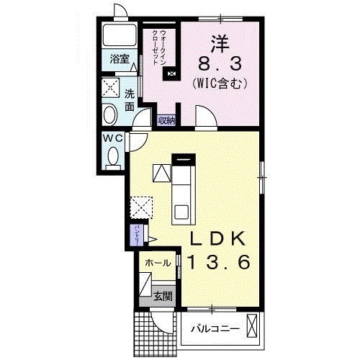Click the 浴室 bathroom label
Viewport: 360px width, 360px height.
[120, 60]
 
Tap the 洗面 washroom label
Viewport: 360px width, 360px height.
[129, 101]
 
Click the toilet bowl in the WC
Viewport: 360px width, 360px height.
[113, 155]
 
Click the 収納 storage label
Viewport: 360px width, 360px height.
[166, 120]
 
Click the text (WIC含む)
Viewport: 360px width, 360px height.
[220, 84]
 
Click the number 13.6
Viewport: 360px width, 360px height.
[219, 263]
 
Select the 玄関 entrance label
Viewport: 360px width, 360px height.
[163, 294]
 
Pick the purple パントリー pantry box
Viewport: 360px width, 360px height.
[137, 235]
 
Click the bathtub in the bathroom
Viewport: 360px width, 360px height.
[120, 36]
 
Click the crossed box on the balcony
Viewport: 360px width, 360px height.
[251, 325]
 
